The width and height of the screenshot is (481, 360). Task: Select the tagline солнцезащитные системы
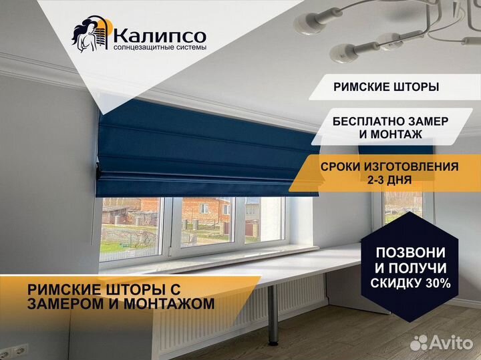[160, 48]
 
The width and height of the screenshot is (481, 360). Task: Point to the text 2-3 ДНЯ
[389, 180]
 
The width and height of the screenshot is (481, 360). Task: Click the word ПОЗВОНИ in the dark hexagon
[410, 252]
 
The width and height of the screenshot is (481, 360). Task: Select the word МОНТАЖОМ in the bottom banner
[169, 304]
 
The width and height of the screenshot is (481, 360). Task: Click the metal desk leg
[273, 315]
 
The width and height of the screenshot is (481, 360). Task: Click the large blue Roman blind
[202, 150]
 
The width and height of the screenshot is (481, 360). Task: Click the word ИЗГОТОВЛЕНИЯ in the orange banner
[411, 167]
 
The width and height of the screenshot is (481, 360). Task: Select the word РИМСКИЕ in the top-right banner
[359, 87]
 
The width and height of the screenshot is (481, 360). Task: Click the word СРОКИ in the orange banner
[340, 167]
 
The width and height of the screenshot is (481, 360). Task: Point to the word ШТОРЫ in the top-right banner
[414, 87]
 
